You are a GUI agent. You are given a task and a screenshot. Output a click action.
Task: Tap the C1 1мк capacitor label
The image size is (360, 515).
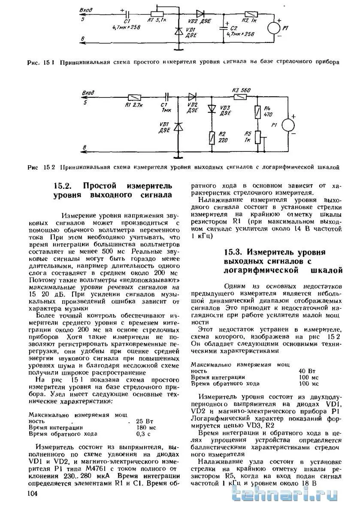164,106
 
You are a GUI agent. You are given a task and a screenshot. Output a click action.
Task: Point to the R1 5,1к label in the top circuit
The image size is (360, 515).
156,20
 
